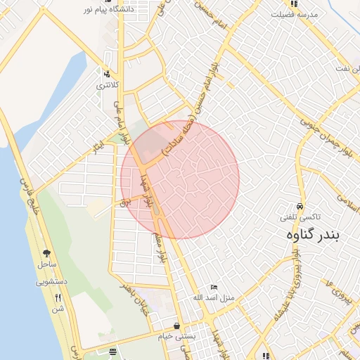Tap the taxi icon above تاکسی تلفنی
[300, 207]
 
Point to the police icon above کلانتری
[107, 75]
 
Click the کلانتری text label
[108, 85]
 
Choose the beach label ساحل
[46, 264]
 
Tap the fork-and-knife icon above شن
[58, 297]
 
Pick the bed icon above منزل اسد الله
[215, 287]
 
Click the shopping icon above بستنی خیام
[176, 326]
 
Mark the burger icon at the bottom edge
[113, 352]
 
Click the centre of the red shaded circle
[180, 180]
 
